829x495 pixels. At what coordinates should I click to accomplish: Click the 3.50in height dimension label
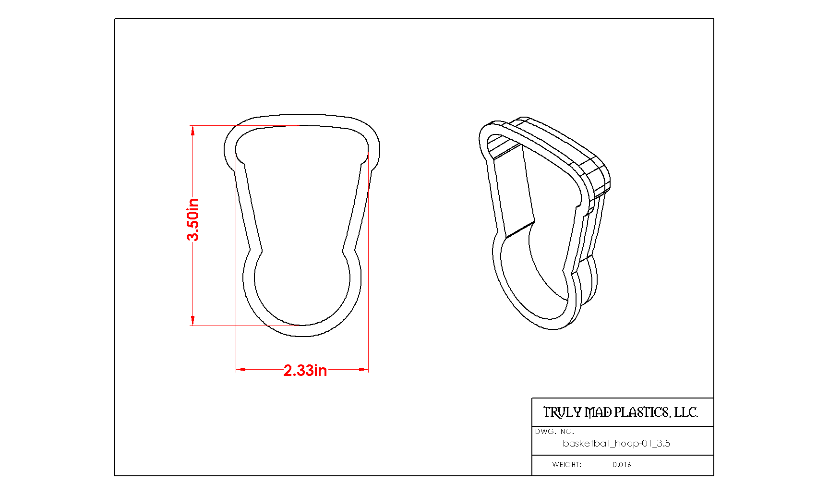193,219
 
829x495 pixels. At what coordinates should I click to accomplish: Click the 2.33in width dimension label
305,370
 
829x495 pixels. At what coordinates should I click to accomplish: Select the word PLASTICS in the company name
642,412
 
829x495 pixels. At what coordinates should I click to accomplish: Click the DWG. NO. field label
554,432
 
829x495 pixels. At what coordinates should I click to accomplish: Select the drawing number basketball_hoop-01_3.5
616,443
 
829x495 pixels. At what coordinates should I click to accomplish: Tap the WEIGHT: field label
566,464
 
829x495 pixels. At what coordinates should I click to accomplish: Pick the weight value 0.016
622,464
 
